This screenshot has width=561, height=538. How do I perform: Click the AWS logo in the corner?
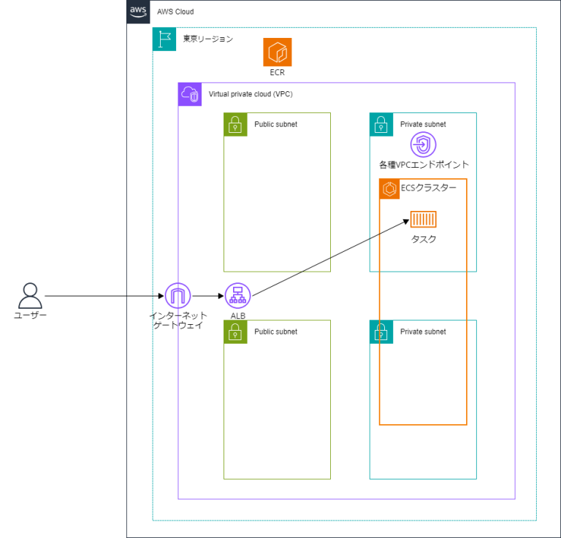click(138, 12)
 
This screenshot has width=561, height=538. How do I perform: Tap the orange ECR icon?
click(278, 53)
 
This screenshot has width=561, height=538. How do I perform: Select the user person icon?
click(30, 296)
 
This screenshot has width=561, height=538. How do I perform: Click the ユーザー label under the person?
click(30, 315)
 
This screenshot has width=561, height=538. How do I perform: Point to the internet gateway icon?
click(178, 296)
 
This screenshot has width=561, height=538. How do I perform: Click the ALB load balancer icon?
click(237, 296)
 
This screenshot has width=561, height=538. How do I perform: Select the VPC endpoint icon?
click(423, 145)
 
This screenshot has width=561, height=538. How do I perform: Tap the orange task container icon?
click(423, 220)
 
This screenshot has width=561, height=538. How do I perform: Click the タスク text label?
click(423, 239)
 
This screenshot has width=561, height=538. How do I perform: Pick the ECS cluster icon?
click(389, 188)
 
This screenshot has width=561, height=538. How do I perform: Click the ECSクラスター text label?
click(429, 188)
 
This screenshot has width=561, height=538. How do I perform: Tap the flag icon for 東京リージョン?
click(164, 39)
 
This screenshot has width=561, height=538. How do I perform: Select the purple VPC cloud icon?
click(190, 94)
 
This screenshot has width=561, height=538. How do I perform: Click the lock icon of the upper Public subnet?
click(235, 125)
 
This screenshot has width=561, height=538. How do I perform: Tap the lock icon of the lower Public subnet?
click(235, 332)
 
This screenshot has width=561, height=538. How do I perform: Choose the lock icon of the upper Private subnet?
click(381, 125)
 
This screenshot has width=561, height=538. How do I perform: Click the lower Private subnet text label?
click(423, 332)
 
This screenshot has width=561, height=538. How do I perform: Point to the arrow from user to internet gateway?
click(102, 296)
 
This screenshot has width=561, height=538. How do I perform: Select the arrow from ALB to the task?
click(329, 258)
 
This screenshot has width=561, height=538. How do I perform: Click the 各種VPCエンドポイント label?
click(424, 165)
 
